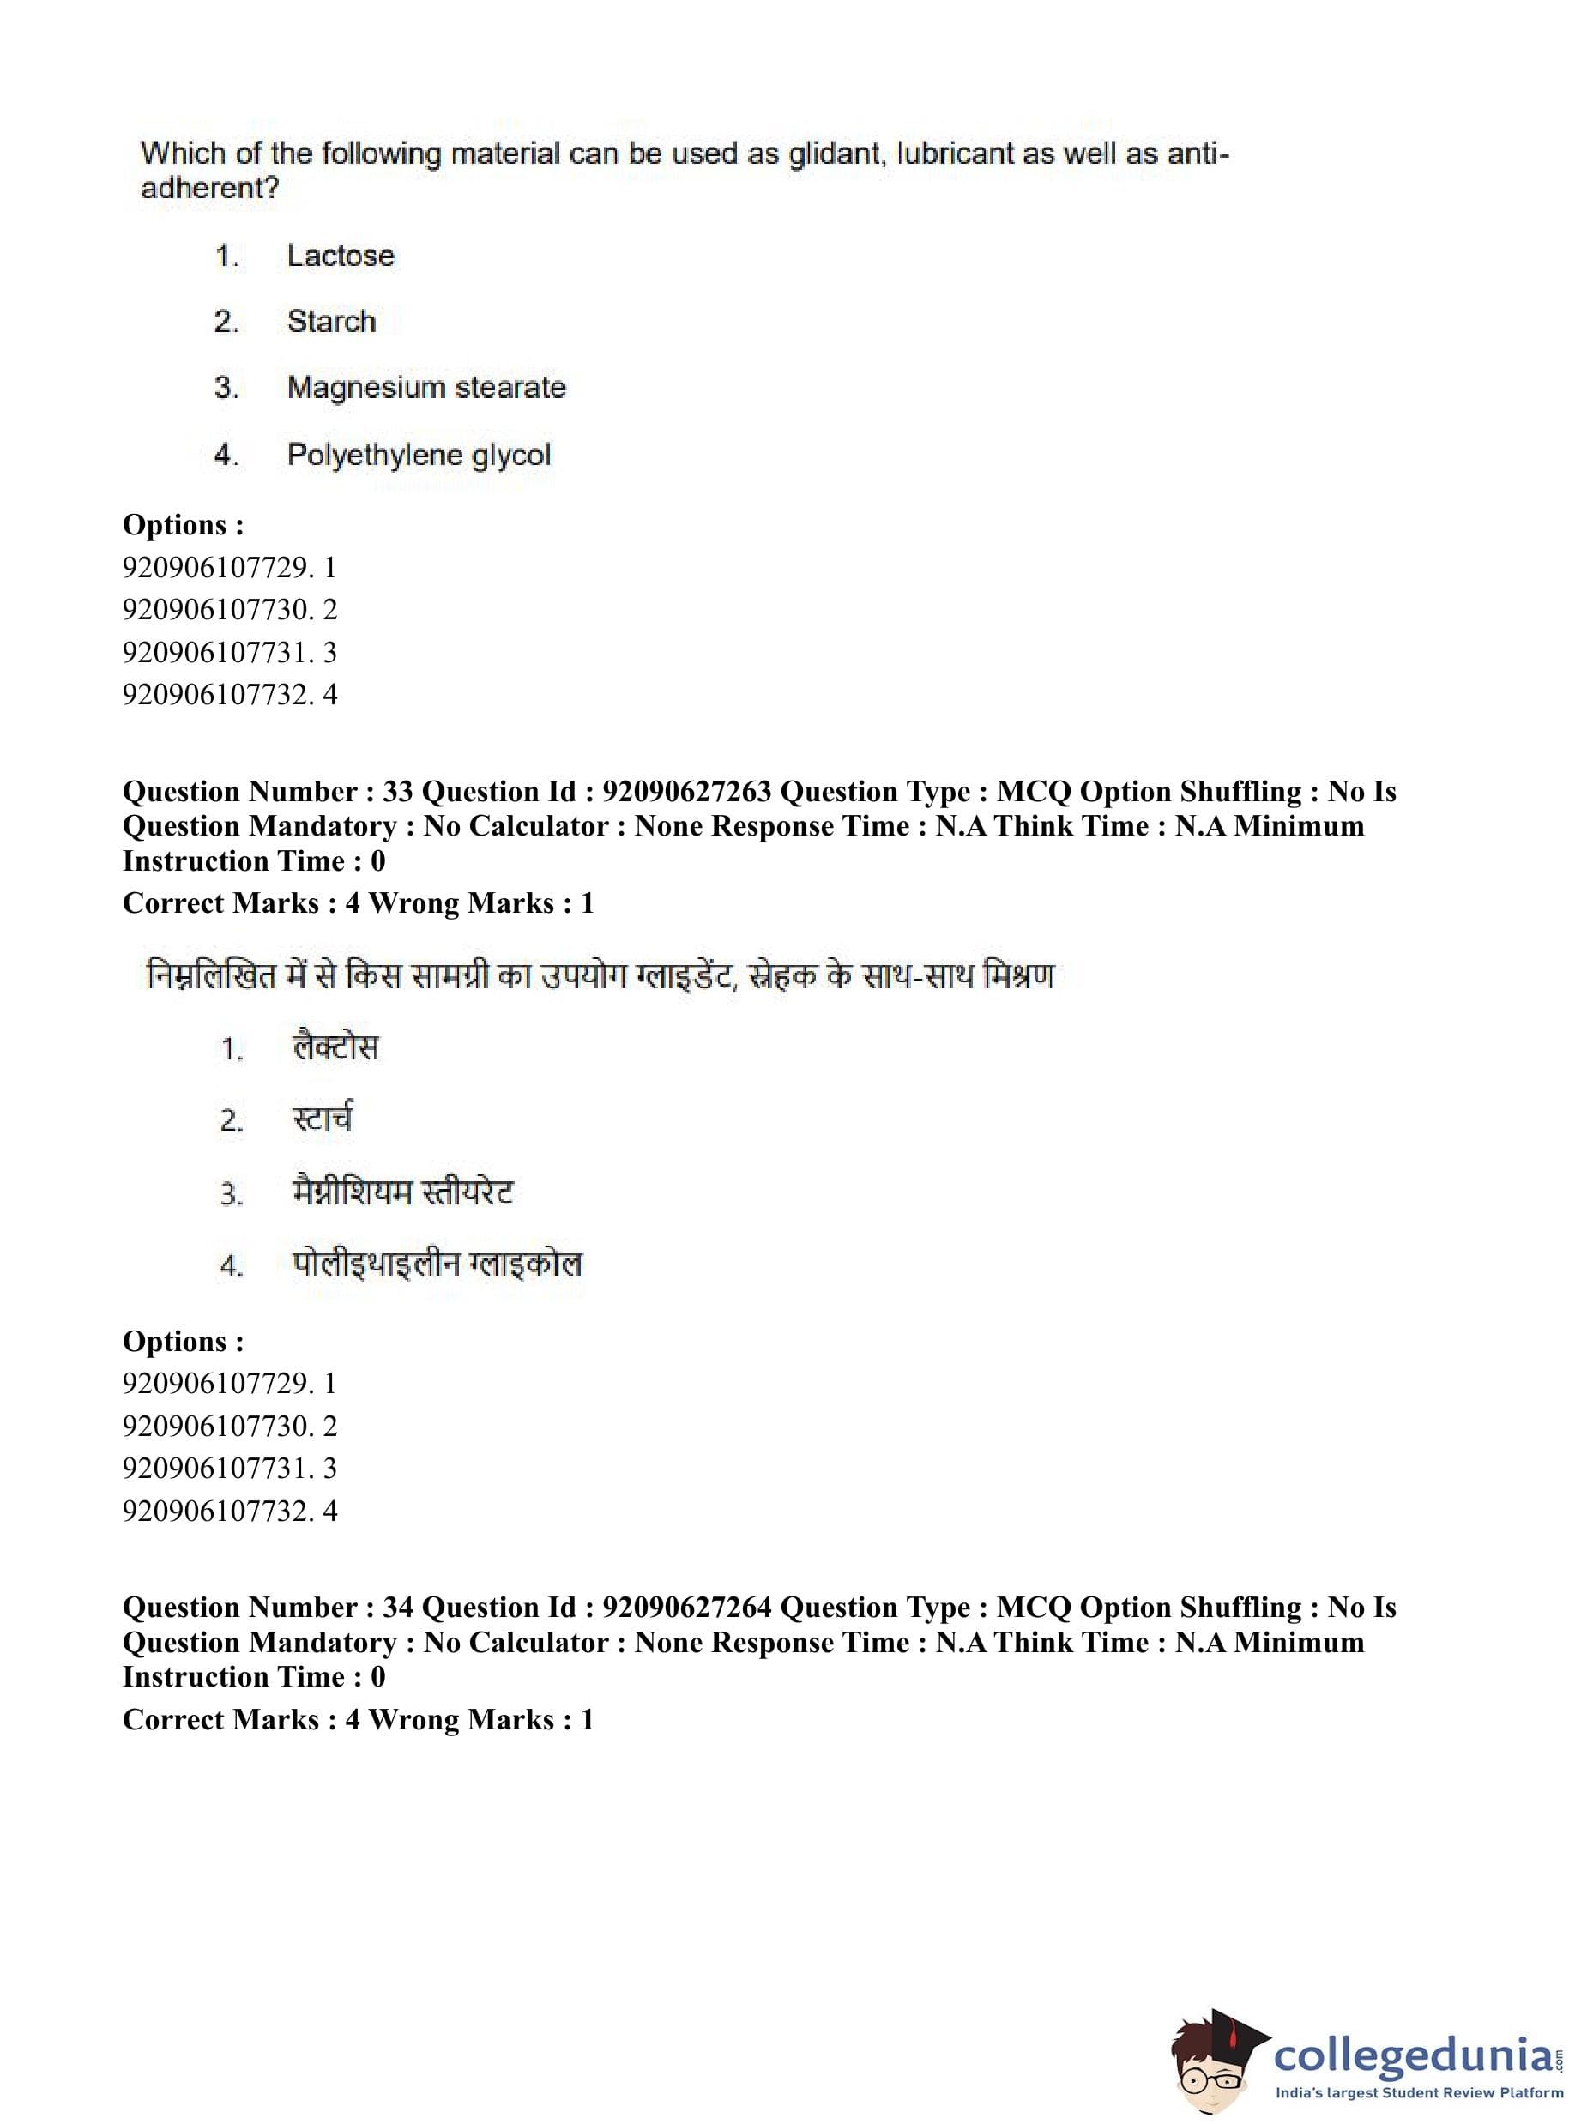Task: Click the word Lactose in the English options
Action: tap(341, 256)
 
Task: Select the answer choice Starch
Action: tap(331, 322)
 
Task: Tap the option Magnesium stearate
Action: tap(426, 387)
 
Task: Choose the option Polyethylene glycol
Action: tap(419, 454)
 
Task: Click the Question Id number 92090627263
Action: tap(686, 791)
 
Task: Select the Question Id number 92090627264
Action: tap(686, 1608)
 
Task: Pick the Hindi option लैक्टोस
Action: tap(335, 1047)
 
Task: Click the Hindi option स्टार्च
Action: tap(323, 1119)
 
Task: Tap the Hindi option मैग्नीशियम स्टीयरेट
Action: tap(402, 1192)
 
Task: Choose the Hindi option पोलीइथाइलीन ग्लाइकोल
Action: tap(437, 1265)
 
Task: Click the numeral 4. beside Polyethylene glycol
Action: tap(226, 455)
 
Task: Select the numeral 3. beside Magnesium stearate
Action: tap(226, 388)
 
